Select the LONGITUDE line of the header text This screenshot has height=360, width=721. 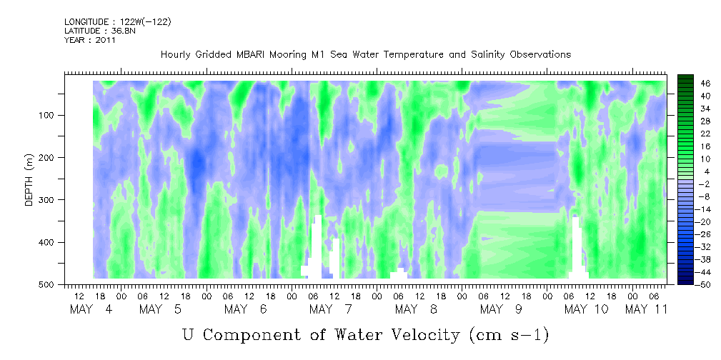click(x=118, y=21)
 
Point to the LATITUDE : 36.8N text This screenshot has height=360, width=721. click(x=100, y=31)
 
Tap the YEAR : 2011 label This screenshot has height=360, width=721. click(x=89, y=40)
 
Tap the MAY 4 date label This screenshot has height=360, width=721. click(x=91, y=309)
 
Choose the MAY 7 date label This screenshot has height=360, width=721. click(x=330, y=309)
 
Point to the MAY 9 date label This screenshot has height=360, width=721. click(x=501, y=309)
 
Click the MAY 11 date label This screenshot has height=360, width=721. click(x=646, y=309)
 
